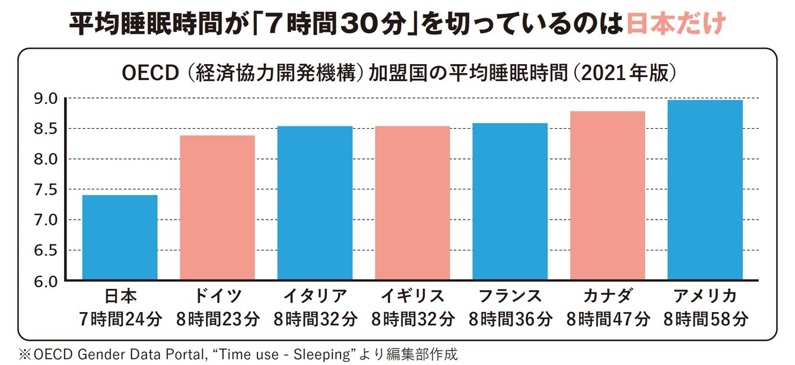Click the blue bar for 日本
(x=120, y=237)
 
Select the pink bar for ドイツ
(x=217, y=208)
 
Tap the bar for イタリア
(x=315, y=203)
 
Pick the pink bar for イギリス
(x=412, y=203)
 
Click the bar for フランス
(x=510, y=202)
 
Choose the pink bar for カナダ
(x=608, y=196)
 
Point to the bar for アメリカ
(x=705, y=190)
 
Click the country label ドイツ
(x=218, y=296)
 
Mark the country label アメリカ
(x=705, y=296)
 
